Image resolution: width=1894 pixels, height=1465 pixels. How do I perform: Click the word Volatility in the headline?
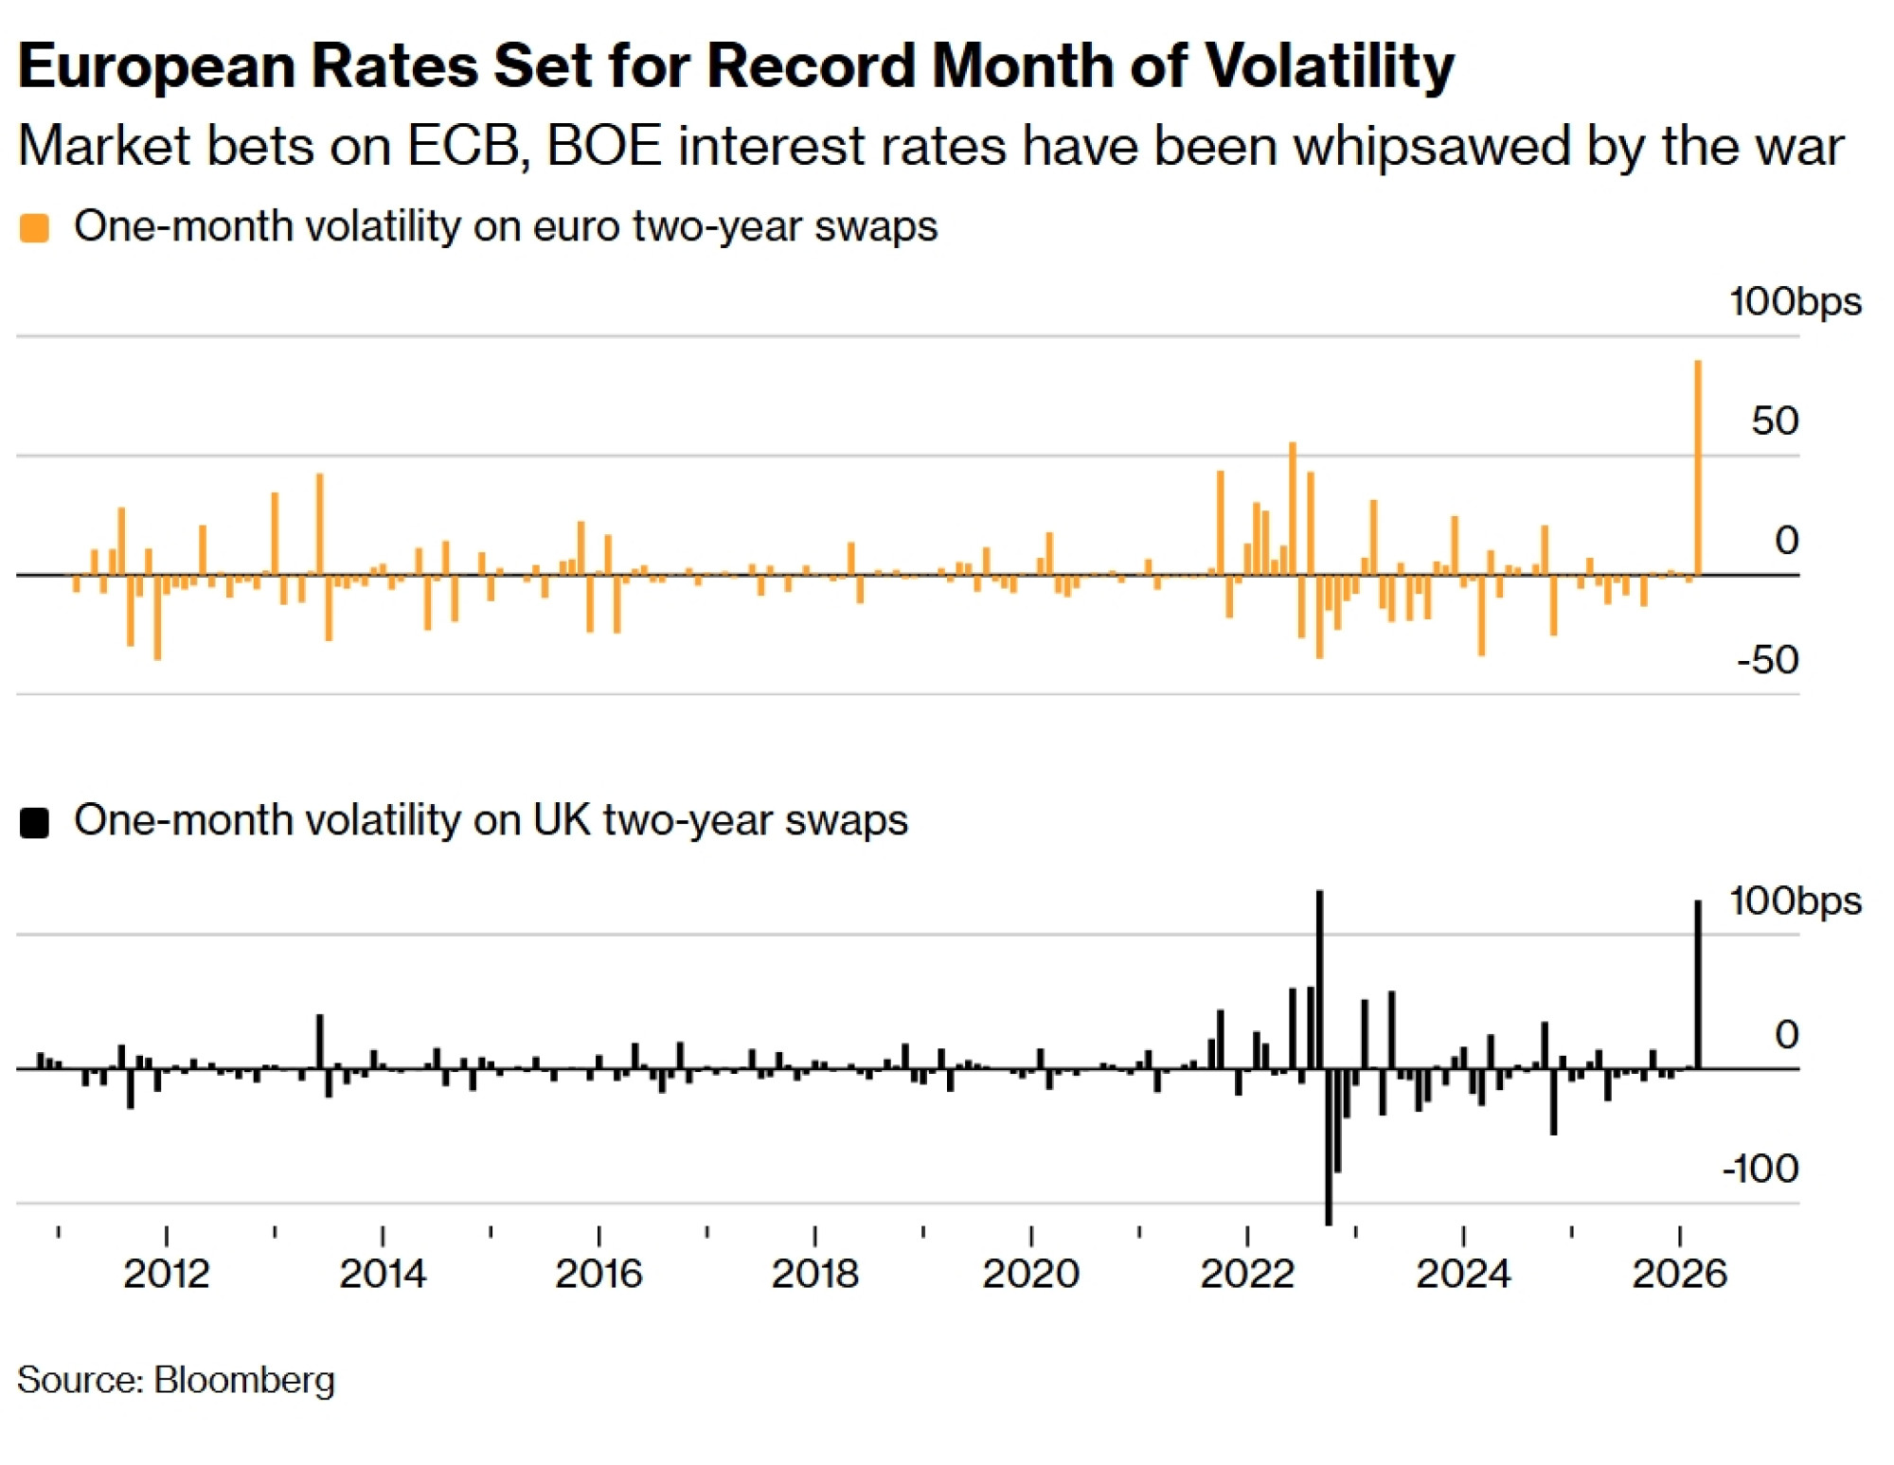1329,66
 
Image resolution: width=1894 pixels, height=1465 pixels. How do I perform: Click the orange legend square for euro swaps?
35,228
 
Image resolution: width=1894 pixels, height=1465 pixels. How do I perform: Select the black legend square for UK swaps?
35,822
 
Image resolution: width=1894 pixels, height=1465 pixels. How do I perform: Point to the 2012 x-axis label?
166,1273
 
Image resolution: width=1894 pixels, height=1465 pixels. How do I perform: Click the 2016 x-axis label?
599,1273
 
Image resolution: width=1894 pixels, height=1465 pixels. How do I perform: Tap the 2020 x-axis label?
1030,1273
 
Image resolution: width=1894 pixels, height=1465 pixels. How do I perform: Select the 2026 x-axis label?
1679,1273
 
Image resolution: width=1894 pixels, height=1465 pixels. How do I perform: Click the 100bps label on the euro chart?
1795,302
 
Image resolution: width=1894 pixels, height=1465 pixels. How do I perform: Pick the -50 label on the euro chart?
1767,660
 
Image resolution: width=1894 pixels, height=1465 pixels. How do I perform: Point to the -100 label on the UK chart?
1760,1169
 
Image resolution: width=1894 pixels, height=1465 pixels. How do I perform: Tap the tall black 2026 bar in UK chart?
1698,985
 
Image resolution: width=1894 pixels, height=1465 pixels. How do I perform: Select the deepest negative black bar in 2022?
1329,1146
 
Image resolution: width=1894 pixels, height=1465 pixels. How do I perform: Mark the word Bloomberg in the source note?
244,1380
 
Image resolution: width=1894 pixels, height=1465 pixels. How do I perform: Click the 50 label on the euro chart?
1774,421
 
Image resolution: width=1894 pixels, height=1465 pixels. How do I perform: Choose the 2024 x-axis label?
1463,1273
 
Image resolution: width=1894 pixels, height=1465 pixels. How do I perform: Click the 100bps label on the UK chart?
1795,901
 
